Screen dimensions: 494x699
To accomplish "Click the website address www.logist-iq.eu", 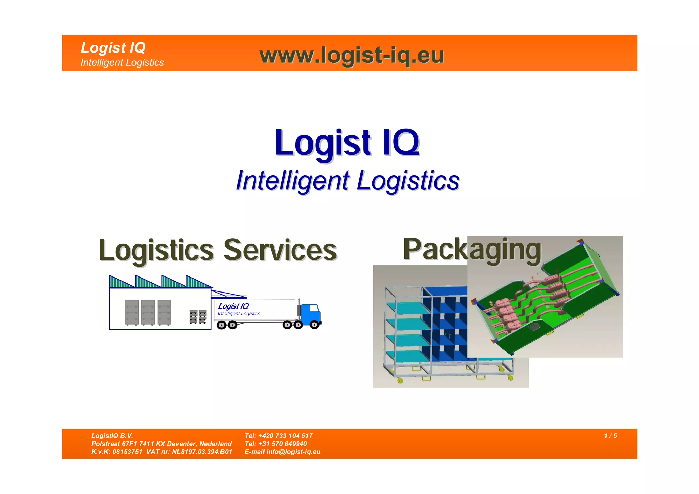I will pos(352,55).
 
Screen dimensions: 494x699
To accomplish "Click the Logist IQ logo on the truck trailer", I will pos(233,306).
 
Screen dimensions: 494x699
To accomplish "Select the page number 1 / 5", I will pos(610,436).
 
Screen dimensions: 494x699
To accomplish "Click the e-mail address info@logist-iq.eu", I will pos(293,452).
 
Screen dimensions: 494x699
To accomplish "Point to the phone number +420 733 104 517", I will pos(285,436).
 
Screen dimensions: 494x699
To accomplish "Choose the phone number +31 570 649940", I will pos(282,444).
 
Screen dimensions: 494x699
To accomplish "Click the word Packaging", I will pos(472,249).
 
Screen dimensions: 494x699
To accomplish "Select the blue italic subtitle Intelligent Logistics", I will pos(347,181).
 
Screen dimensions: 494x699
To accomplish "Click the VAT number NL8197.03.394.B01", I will pos(202,452).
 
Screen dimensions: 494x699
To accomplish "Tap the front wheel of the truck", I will pos(314,325).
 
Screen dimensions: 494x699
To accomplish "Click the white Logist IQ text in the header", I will pos(113,47).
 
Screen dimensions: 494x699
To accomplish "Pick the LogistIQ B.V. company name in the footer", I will pos(112,436).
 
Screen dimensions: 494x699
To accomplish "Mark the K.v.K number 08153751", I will pos(127,452).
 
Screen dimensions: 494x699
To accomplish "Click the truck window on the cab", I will pos(314,309).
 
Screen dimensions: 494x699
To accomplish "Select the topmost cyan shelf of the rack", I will pos(408,307).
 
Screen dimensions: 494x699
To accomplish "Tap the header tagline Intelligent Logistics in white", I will pos(122,63).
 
